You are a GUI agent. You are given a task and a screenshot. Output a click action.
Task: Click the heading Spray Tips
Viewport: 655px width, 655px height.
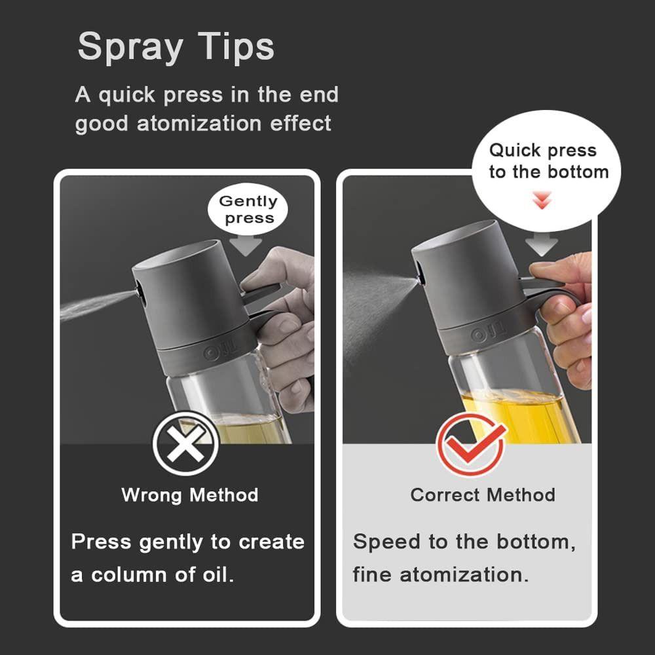(176, 47)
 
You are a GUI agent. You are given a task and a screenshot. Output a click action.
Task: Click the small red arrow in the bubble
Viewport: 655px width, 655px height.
(542, 202)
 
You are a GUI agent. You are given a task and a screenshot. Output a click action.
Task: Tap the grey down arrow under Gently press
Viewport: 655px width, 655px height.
(246, 245)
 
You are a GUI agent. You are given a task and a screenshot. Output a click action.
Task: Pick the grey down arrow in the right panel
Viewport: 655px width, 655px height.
(542, 246)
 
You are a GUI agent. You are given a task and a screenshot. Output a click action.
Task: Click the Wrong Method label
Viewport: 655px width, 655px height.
(190, 495)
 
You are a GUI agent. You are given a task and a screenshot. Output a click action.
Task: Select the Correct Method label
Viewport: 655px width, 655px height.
(483, 495)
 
